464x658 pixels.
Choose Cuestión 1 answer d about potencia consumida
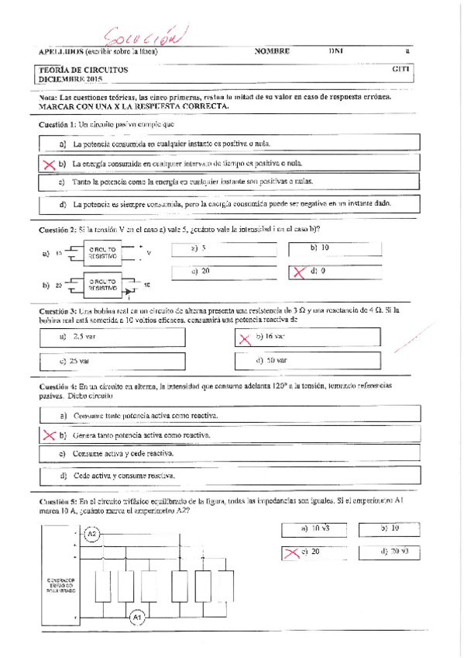(232, 205)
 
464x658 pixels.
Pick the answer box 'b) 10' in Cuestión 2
(319, 248)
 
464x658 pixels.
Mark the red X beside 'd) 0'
(297, 272)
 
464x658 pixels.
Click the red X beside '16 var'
(245, 338)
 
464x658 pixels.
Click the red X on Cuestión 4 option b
(49, 435)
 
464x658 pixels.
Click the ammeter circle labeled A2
(91, 534)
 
